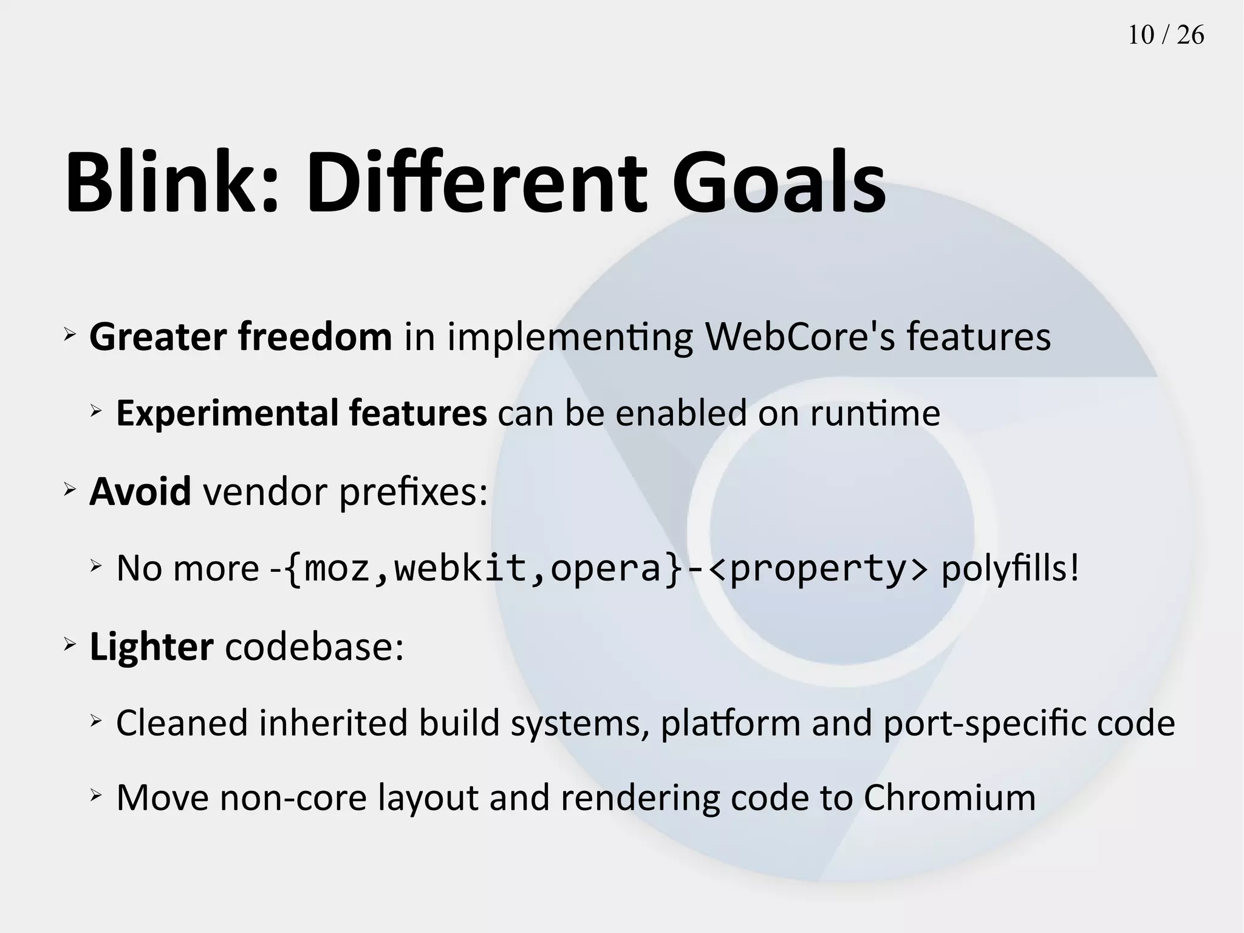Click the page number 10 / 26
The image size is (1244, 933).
1166,35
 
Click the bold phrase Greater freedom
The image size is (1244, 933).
241,337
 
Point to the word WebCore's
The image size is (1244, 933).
800,337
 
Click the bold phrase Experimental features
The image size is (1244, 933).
301,413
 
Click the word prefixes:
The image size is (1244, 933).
413,492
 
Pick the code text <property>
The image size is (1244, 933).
818,569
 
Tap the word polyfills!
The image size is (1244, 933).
1010,569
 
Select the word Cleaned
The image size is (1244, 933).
182,723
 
